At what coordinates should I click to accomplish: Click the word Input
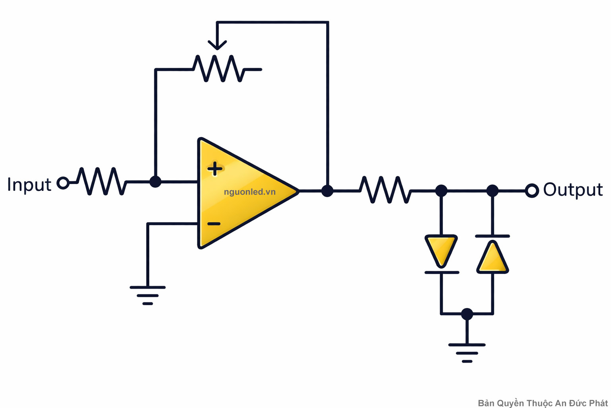29,185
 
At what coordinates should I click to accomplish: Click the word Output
572,190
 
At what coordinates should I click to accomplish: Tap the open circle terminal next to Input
63,183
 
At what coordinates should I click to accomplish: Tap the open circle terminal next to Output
531,191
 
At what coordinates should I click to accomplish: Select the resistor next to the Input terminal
102,182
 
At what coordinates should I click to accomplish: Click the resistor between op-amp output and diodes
385,190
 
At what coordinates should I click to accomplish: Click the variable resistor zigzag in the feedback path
219,69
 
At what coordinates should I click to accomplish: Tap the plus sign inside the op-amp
215,169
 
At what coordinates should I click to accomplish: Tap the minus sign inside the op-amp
214,224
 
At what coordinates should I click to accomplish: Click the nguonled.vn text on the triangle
249,192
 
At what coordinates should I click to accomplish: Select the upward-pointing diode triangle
492,258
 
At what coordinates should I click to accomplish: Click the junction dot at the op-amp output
327,191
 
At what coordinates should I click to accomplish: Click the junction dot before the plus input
155,182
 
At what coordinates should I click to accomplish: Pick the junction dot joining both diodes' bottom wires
467,314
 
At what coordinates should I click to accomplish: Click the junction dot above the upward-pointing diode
492,191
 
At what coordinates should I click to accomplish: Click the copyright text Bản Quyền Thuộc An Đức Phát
543,403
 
